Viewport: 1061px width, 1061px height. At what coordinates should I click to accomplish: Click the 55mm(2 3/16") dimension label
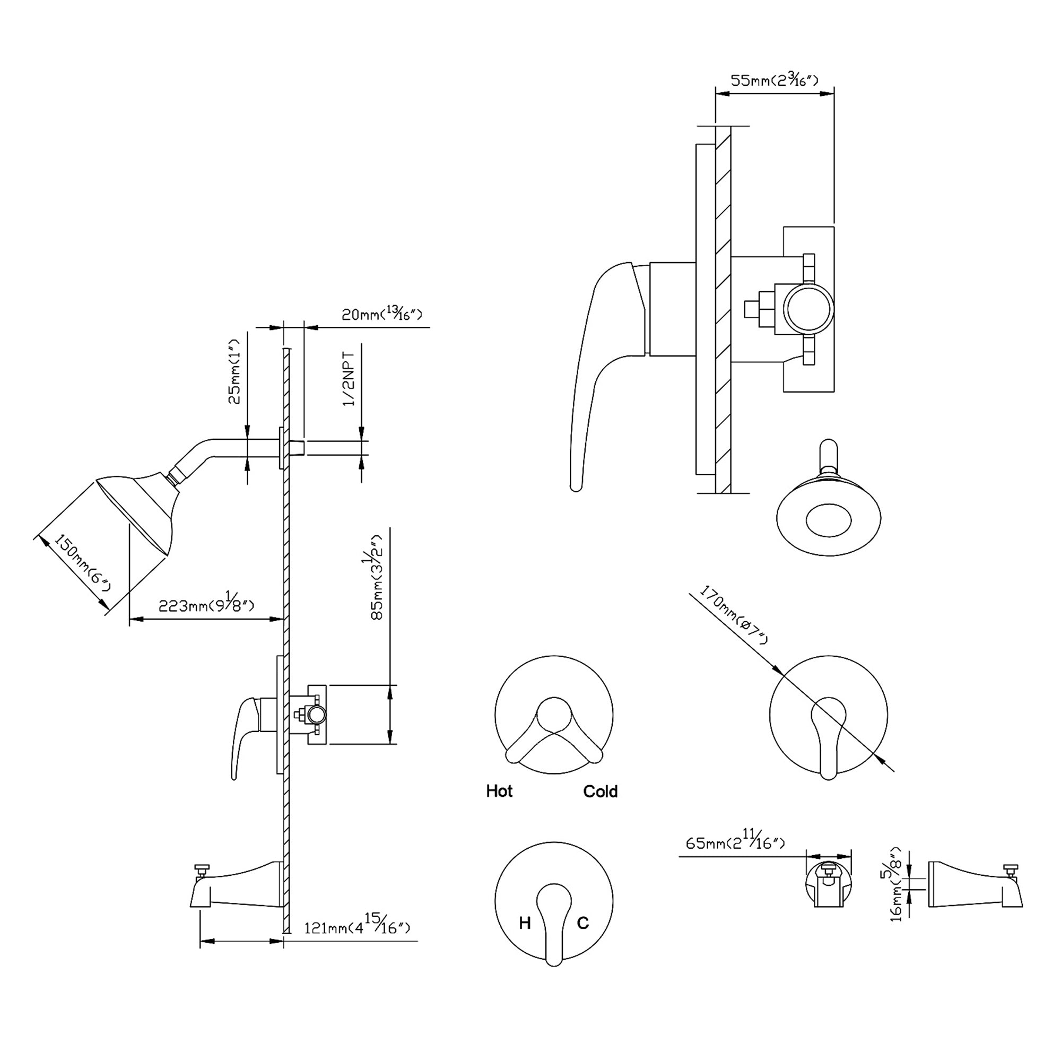coord(775,81)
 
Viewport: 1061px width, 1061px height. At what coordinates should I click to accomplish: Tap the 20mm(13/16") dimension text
coord(381,314)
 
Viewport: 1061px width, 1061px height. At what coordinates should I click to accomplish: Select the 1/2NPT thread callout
coord(349,378)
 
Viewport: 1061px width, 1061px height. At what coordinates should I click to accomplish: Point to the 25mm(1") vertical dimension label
coord(234,372)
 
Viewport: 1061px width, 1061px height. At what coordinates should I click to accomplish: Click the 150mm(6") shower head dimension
coord(82,569)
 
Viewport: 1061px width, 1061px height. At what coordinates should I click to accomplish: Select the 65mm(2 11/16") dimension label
coord(735,842)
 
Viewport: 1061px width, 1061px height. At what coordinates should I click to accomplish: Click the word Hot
coord(499,792)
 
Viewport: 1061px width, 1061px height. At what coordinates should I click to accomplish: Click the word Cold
coord(600,792)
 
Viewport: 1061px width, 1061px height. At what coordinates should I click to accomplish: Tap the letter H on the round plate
coord(525,923)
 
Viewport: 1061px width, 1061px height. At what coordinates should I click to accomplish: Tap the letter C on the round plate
coord(582,923)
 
